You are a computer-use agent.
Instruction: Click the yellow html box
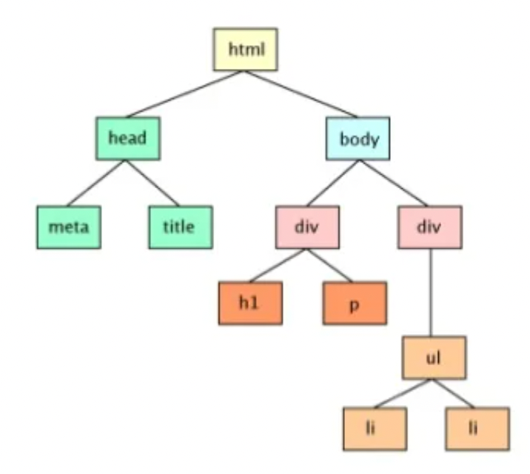coord(246,50)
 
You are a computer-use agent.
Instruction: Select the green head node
coord(128,138)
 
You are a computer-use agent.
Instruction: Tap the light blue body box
coord(358,138)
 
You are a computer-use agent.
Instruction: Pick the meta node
coord(69,227)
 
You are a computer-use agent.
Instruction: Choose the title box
coord(181,227)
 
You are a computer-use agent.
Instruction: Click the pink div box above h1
coord(308,227)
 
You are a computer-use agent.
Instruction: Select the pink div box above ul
coord(430,227)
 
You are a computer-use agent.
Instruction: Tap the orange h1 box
coord(250,303)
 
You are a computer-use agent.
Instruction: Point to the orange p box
coord(355,303)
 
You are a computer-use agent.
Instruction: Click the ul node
coord(434,358)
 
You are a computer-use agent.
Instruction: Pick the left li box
coord(375,429)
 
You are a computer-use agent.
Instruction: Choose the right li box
coord(477,429)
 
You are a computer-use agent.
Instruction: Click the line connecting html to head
coord(185,94)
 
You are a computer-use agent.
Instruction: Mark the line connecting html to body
coord(301,94)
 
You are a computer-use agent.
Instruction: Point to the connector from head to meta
coord(96,183)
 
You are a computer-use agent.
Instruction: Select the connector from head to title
coord(152,183)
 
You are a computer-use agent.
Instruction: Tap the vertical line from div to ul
coord(431,293)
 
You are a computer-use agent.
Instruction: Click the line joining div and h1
coord(278,265)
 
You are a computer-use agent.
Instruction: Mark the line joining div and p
coord(329,265)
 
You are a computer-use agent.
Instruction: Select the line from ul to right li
coord(453,393)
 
